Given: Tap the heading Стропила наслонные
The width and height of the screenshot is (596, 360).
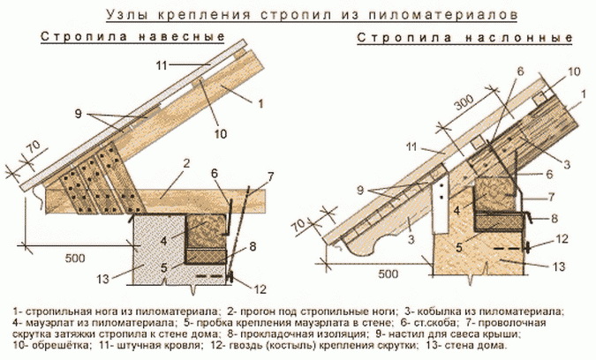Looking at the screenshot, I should (x=465, y=40).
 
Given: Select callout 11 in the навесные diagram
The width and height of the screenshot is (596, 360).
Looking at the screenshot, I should (x=161, y=65).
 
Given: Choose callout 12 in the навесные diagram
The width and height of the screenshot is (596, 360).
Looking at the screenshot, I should (x=258, y=287).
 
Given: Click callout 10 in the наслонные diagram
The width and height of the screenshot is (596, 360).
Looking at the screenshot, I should (x=575, y=70).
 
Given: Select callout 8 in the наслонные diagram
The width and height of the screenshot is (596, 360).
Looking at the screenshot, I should (x=553, y=216).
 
